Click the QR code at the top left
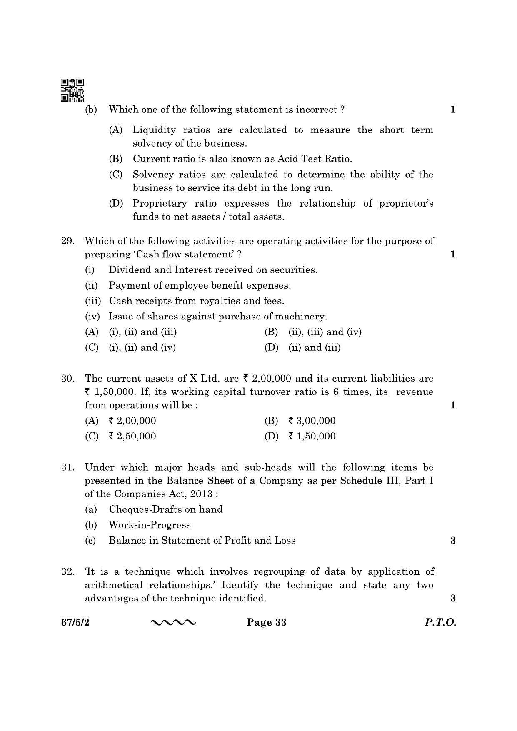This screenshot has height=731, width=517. click(72, 90)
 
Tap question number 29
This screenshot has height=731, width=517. click(67, 241)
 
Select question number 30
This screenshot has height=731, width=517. click(67, 379)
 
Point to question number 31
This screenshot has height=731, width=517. click(67, 467)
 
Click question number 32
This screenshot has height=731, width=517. click(67, 572)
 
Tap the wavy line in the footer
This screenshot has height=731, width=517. click(172, 623)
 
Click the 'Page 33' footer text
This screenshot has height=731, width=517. click(267, 623)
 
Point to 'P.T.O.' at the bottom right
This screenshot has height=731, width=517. click(440, 623)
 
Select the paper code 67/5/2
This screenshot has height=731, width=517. click(75, 623)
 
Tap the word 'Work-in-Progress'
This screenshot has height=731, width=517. click(150, 525)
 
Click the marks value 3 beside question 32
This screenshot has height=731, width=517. click(453, 599)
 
